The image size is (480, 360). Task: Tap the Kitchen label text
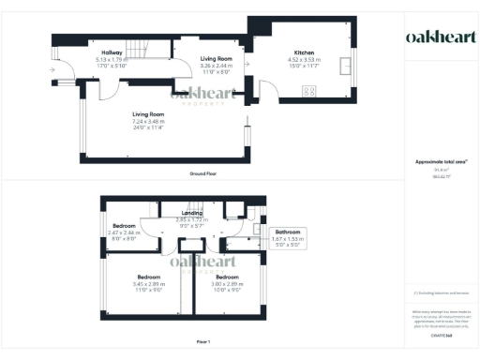coord(305,52)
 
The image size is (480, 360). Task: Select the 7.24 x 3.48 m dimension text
coord(148,121)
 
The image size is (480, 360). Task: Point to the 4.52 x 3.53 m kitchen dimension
coord(305,59)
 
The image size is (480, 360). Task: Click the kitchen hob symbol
coord(308,90)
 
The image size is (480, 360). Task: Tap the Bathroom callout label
coord(287,232)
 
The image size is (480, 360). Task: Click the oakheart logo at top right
coord(439,37)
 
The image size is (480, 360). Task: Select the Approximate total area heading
coord(441,161)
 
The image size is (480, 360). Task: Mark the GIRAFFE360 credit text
coord(441,333)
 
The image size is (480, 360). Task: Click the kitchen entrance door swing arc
coord(267,90)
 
